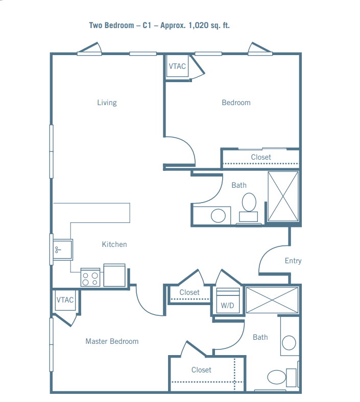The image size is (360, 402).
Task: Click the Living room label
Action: [x=107, y=103]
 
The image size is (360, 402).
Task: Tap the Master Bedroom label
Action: [x=112, y=341]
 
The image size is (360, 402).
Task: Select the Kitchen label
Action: [x=114, y=244]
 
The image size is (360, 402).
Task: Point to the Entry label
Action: [x=293, y=261]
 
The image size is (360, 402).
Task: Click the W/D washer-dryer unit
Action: [x=228, y=300]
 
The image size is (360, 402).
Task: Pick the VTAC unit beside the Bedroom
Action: [x=177, y=66]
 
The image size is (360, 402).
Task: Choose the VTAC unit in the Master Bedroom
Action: [x=65, y=300]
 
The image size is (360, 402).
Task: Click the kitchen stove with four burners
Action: [x=90, y=278]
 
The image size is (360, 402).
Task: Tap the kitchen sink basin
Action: [x=63, y=249]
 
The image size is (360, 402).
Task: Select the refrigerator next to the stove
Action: [x=114, y=275]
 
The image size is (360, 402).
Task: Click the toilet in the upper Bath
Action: [x=249, y=208]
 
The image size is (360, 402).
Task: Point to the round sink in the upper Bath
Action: [x=218, y=216]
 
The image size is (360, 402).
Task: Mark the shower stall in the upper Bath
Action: [x=283, y=196]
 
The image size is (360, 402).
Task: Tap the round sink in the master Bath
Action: [x=289, y=343]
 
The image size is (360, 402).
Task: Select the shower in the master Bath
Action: [x=272, y=300]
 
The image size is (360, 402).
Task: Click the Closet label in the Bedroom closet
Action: [x=261, y=157]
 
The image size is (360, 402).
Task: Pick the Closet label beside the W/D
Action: [x=189, y=292]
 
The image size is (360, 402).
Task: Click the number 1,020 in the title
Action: [x=198, y=26]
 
